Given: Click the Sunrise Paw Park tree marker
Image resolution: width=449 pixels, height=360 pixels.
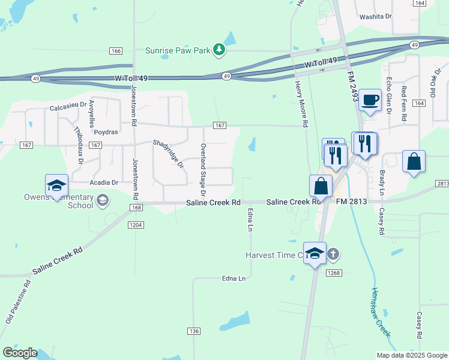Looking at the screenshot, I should (x=220, y=50).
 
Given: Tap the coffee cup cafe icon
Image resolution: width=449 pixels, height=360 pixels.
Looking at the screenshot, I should (x=370, y=100).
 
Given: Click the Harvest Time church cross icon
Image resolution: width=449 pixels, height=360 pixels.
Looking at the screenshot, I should (x=334, y=254).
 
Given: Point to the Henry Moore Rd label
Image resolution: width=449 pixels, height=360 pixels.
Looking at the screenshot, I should (x=302, y=104).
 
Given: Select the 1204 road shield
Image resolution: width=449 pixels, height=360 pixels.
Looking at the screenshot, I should (x=135, y=224).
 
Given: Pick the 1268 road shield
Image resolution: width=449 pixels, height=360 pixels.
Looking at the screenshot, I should (x=334, y=272).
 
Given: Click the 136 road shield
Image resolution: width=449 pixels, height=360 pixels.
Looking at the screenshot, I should (x=193, y=331).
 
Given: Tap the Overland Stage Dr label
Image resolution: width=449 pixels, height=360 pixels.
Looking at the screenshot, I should (x=203, y=170).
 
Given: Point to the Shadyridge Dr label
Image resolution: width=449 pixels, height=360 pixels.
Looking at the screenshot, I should (x=167, y=153).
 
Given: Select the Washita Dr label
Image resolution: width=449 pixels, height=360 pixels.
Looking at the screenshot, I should (x=375, y=17).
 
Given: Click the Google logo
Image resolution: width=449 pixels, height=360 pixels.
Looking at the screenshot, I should (x=20, y=353).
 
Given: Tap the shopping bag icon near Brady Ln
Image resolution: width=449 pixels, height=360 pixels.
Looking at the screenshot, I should (x=414, y=162).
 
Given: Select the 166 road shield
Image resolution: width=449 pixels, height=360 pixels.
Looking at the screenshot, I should (x=116, y=51).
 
